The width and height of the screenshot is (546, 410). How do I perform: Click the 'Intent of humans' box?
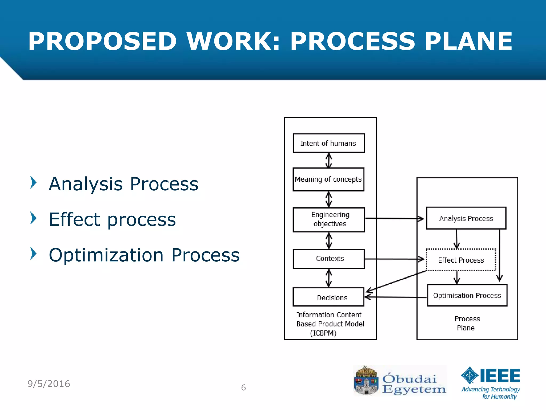pos(329,143)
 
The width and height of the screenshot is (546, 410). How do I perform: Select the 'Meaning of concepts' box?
pos(328,179)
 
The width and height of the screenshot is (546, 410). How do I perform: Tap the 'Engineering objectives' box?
pos(329,220)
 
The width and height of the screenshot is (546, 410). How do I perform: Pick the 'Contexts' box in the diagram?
pos(329,259)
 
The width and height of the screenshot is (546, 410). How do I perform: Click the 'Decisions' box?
pos(328,297)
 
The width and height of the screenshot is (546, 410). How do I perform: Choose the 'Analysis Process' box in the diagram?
pos(466,218)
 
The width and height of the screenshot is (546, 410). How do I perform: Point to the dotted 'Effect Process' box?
pos(461,260)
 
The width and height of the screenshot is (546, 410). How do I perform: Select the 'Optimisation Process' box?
pos(467,295)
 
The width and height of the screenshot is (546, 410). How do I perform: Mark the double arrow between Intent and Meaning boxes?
pos(329,160)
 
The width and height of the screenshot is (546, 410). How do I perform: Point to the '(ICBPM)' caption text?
pos(323,333)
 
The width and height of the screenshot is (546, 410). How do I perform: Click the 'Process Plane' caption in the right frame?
pos(467,323)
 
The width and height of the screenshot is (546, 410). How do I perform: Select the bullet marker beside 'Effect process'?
pos(33,218)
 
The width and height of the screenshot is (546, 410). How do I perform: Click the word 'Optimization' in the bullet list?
pos(106,255)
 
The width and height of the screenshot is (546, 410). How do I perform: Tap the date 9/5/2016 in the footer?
pos(49,384)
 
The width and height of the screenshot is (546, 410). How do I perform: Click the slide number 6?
pos(243,388)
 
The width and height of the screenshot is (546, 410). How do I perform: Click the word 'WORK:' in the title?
pos(233,41)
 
